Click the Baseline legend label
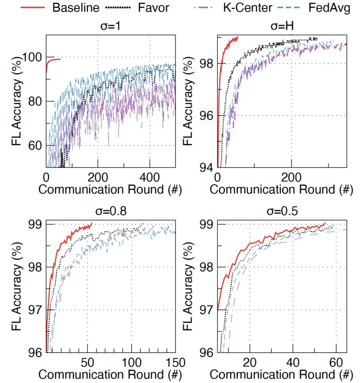pos(76,7)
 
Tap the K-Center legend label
pos(247,7)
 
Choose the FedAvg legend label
pos(329,7)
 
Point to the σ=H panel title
pos(282,26)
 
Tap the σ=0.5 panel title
pos(282,211)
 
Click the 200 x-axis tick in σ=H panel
pos(291,177)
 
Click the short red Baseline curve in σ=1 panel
pos(53,60)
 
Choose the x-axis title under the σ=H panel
pos(281,189)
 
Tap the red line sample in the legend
pos(32,7)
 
